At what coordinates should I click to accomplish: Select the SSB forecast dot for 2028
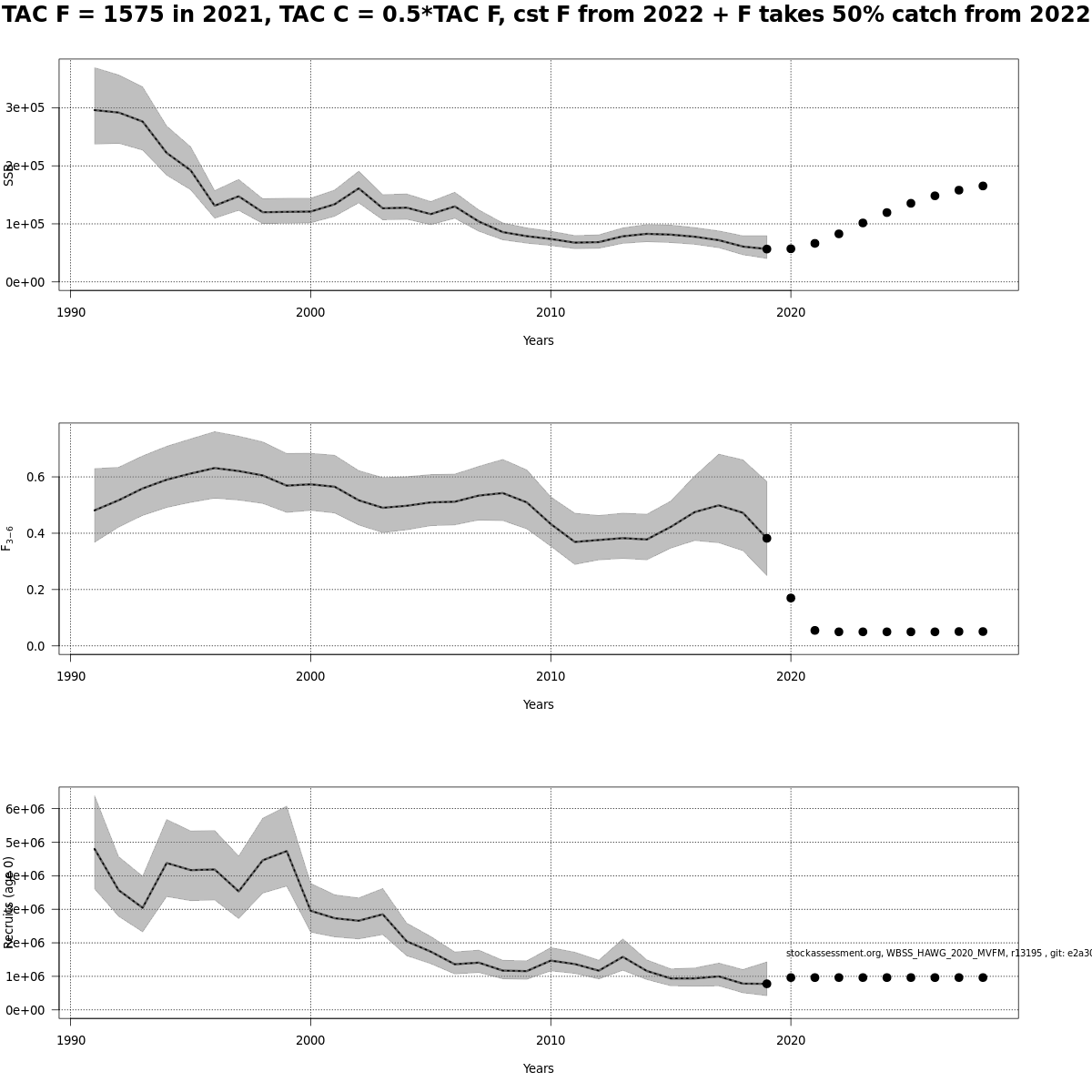point(983,186)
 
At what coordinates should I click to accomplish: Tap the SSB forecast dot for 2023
point(863,223)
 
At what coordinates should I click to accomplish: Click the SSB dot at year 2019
point(766,248)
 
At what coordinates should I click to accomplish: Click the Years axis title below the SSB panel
point(538,340)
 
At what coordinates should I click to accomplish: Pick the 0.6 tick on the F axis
point(37,477)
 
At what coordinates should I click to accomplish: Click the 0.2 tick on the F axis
point(37,590)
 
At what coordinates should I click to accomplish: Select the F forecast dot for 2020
point(791,598)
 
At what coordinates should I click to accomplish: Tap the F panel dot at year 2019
point(766,538)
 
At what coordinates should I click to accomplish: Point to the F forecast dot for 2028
point(983,632)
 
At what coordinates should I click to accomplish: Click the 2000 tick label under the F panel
point(310,676)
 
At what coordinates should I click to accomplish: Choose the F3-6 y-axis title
point(7,538)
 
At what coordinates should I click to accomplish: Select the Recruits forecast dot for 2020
point(791,977)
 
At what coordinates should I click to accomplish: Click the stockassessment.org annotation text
point(937,953)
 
